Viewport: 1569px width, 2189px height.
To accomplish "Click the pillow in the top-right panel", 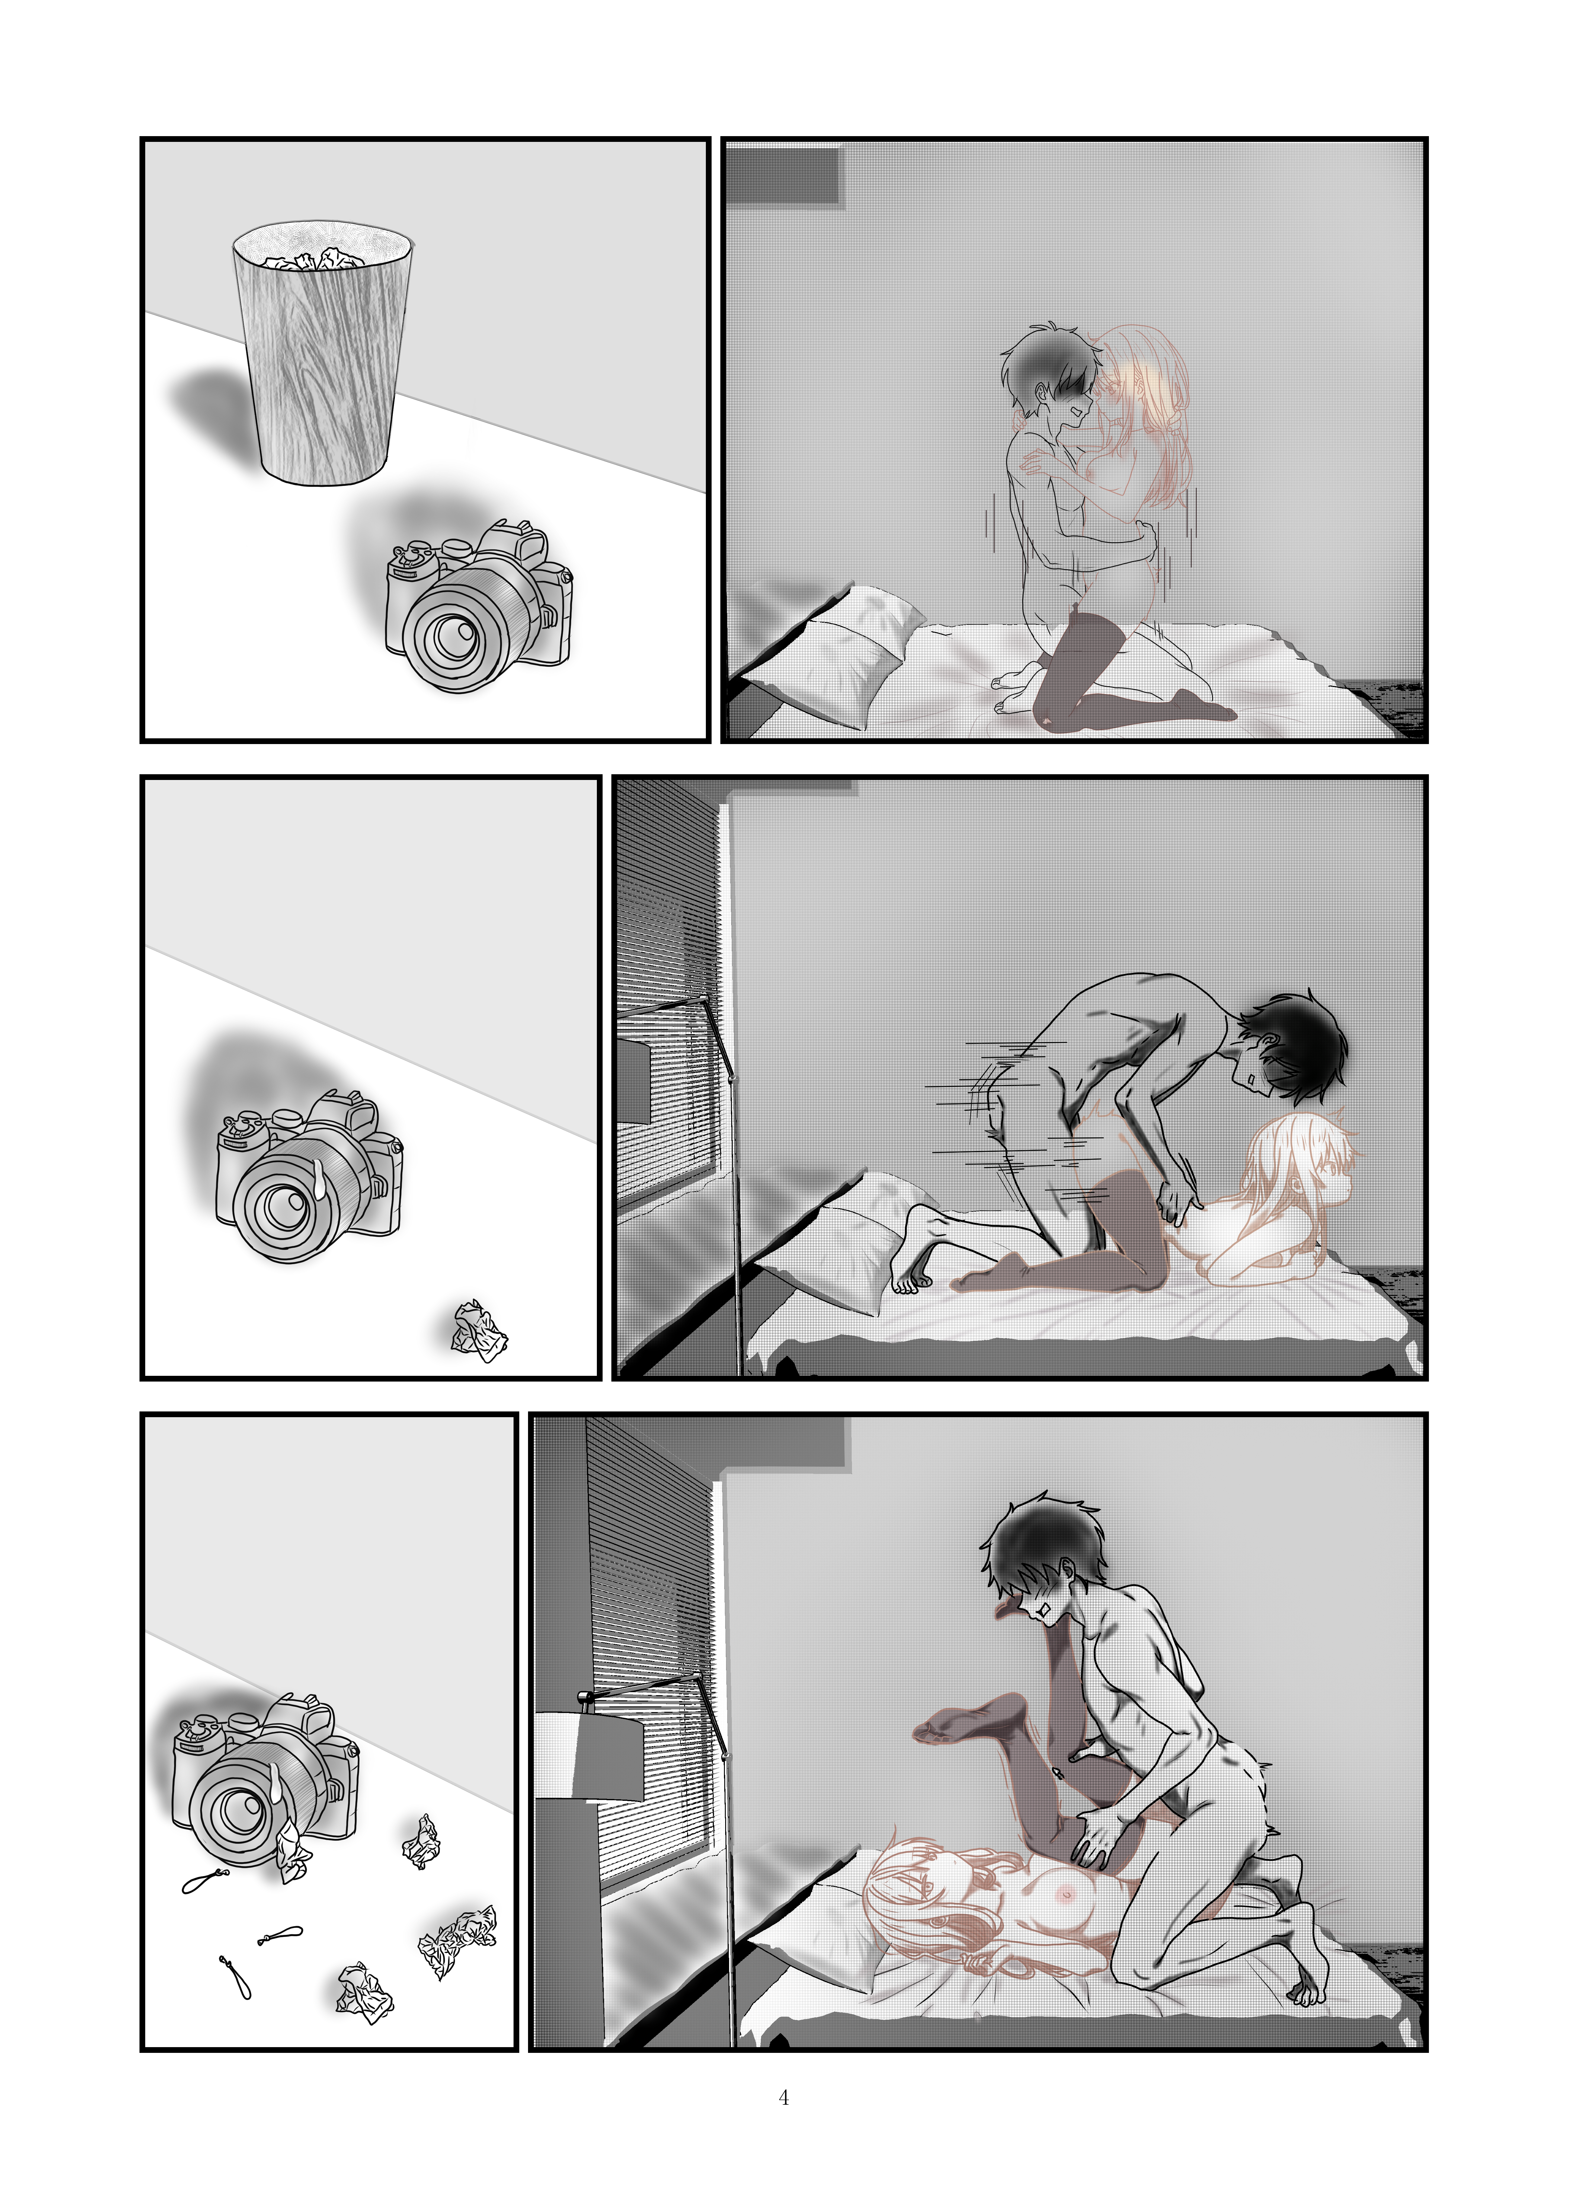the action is click(x=830, y=647).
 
